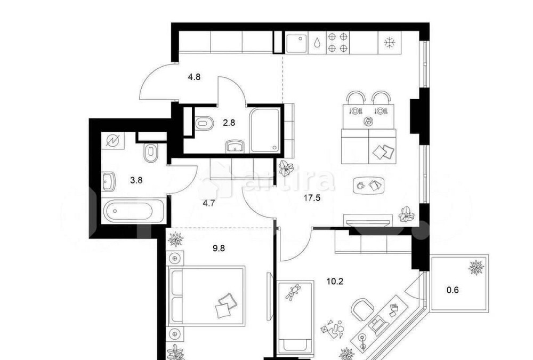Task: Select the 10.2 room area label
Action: [x=334, y=281]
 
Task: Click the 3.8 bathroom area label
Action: [x=136, y=180]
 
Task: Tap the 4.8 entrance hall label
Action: [x=194, y=76]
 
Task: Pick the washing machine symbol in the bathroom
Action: [x=114, y=141]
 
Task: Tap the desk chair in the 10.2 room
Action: [x=363, y=309]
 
